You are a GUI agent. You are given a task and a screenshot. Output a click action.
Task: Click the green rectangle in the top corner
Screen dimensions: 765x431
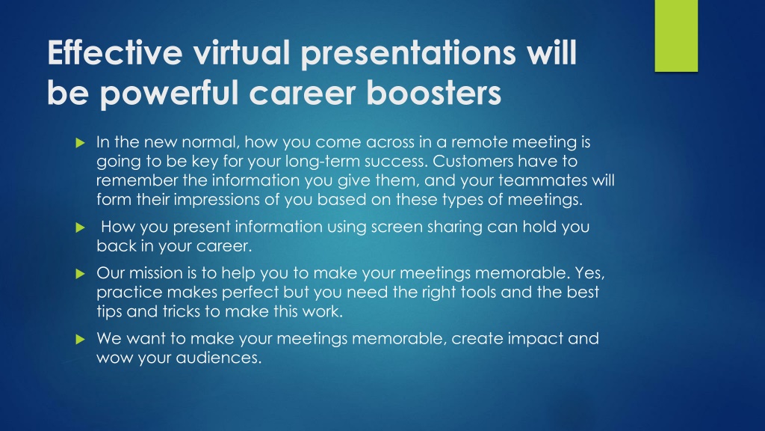(x=676, y=36)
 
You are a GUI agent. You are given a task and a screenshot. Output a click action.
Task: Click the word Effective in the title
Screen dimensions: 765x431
(x=114, y=52)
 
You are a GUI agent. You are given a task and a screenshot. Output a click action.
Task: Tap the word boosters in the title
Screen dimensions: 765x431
(x=434, y=92)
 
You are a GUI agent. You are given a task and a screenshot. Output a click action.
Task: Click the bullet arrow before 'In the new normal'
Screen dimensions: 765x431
(x=81, y=143)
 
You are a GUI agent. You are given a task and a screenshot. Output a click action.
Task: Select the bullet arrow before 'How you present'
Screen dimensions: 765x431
(x=81, y=227)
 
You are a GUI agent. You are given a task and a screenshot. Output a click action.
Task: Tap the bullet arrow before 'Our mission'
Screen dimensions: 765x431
(x=81, y=274)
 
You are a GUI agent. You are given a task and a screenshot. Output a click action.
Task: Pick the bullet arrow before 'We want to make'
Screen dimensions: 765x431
(x=81, y=339)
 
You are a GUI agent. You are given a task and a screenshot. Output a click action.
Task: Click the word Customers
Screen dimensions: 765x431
(x=473, y=161)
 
